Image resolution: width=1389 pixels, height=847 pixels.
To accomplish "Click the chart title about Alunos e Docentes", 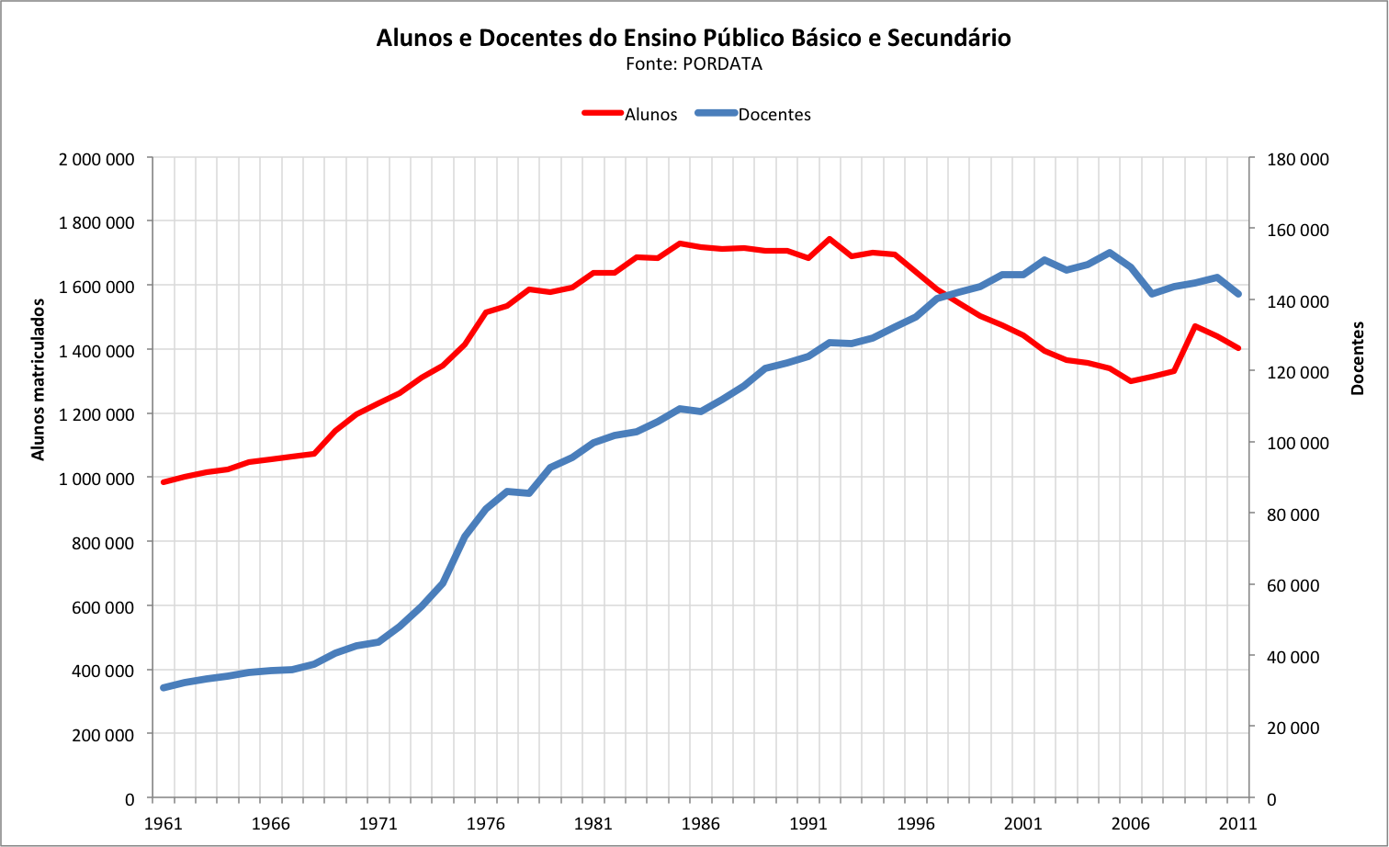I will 694,38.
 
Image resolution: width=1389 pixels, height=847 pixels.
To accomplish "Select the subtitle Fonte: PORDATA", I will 694,64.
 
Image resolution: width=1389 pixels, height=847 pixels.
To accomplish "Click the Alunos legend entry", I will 650,115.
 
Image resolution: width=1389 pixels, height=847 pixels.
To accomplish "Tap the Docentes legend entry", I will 774,115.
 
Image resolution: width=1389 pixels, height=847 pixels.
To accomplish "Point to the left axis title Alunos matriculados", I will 38,379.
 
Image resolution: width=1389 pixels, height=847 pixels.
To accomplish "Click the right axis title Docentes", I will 1357,358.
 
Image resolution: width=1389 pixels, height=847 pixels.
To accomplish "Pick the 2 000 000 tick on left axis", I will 96,159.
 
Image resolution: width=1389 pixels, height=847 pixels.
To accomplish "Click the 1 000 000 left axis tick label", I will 96,479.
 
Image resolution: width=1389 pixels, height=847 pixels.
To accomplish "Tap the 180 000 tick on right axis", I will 1297,159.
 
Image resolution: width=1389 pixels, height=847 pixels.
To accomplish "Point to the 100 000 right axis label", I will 1297,443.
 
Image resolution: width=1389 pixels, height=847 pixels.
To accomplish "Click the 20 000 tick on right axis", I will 1293,728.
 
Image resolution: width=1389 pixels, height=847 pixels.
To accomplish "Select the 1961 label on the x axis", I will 164,823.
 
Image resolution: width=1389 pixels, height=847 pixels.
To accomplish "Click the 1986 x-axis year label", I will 701,823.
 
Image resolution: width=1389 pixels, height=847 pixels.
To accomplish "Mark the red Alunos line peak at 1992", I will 830,239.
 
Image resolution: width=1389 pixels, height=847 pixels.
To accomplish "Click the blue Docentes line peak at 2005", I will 1110,253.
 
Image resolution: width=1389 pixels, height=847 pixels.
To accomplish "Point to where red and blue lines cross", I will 943,295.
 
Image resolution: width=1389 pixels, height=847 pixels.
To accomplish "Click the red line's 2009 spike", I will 1195,326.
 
